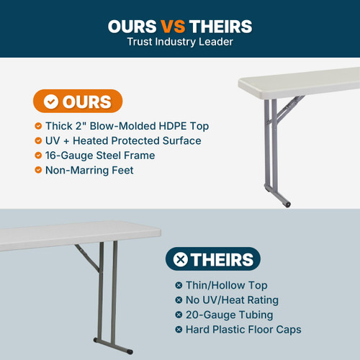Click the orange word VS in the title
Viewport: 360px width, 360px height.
172,27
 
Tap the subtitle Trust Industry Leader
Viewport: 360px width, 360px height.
180,42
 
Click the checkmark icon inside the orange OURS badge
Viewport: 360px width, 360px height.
51,102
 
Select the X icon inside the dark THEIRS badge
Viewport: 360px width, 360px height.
181,259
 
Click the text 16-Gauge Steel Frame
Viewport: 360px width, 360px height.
100,155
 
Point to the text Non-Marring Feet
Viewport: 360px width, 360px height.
90,170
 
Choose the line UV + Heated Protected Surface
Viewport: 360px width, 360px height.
123,140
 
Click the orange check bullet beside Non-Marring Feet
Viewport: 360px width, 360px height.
38,170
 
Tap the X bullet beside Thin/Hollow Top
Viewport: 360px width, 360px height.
179,285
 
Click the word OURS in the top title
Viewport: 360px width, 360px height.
131,27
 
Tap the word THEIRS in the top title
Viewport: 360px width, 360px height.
220,27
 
